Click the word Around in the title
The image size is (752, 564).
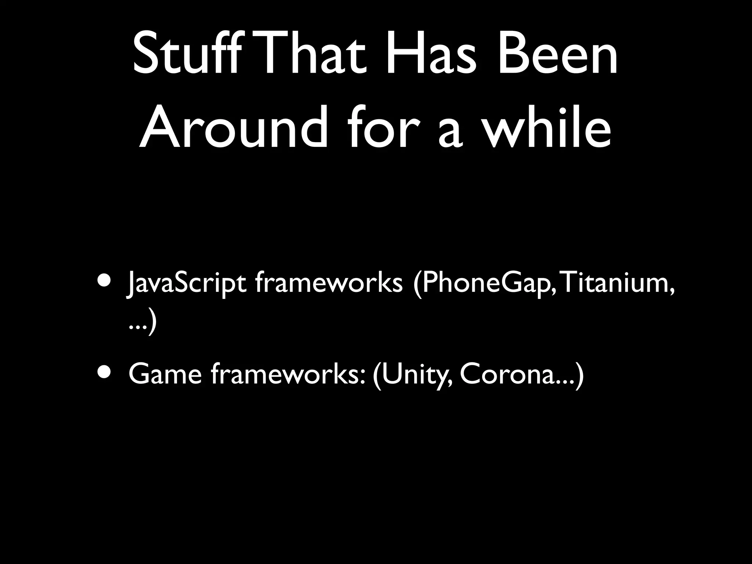[234, 129]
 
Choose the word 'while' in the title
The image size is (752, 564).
[547, 129]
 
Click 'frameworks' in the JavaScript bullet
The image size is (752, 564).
[328, 283]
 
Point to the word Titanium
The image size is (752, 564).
[617, 283]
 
